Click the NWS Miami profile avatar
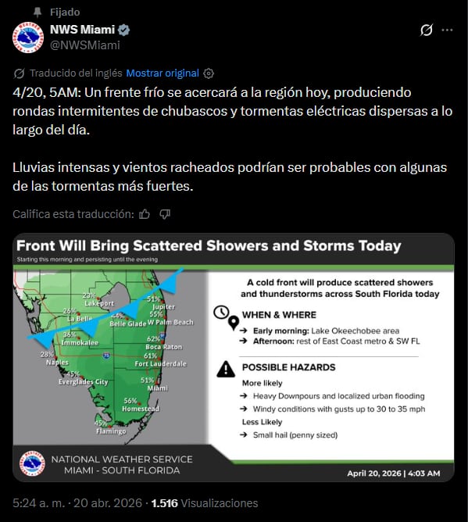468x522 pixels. coord(27,38)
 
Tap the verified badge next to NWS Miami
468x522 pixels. coord(124,30)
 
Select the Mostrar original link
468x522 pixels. coord(163,73)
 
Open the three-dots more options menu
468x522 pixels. coord(447,30)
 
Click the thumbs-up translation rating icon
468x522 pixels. coord(144,214)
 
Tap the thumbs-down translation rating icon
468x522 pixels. coord(164,214)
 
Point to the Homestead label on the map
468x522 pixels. coord(141,409)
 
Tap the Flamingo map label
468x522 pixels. coord(110,431)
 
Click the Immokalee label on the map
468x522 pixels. coord(80,342)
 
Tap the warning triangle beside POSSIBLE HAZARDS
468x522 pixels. coord(225,367)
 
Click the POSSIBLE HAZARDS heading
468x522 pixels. coord(288,366)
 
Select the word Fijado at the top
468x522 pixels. coord(64,12)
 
